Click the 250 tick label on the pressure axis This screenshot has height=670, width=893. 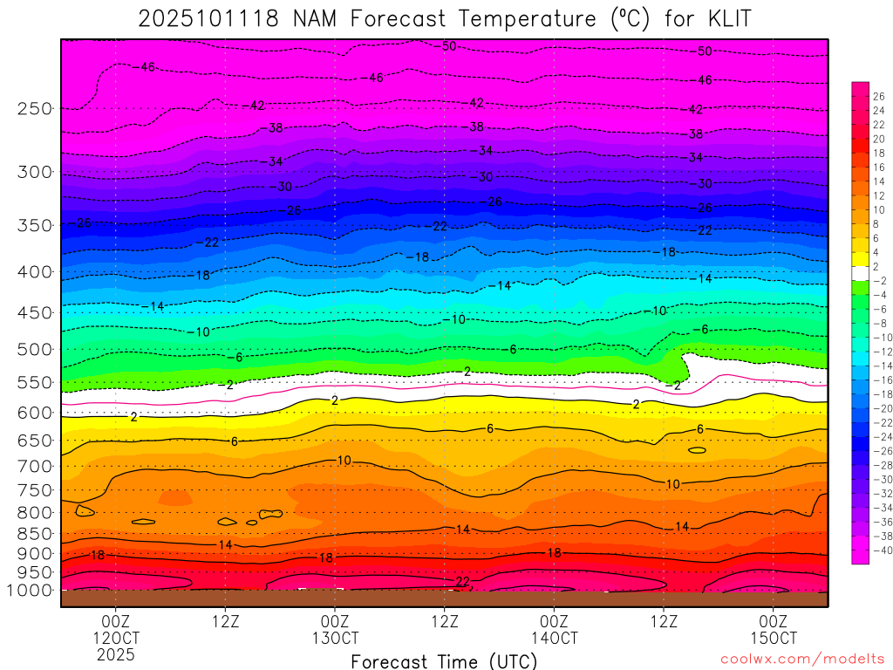34,109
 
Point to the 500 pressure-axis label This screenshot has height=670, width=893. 34,350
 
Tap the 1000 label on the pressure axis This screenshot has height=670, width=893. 31,591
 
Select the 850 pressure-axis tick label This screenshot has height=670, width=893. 34,534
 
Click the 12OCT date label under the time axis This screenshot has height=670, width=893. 116,638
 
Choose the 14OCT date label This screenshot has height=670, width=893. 555,638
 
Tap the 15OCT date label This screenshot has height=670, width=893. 774,638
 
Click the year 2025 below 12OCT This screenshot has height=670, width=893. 116,654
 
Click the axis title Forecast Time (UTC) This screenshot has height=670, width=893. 444,661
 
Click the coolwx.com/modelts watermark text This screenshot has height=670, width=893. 801,656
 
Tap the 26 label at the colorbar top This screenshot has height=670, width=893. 879,97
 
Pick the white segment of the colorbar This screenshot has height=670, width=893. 860,273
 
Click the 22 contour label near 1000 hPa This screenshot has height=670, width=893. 462,581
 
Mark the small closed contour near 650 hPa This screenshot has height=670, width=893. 697,450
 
